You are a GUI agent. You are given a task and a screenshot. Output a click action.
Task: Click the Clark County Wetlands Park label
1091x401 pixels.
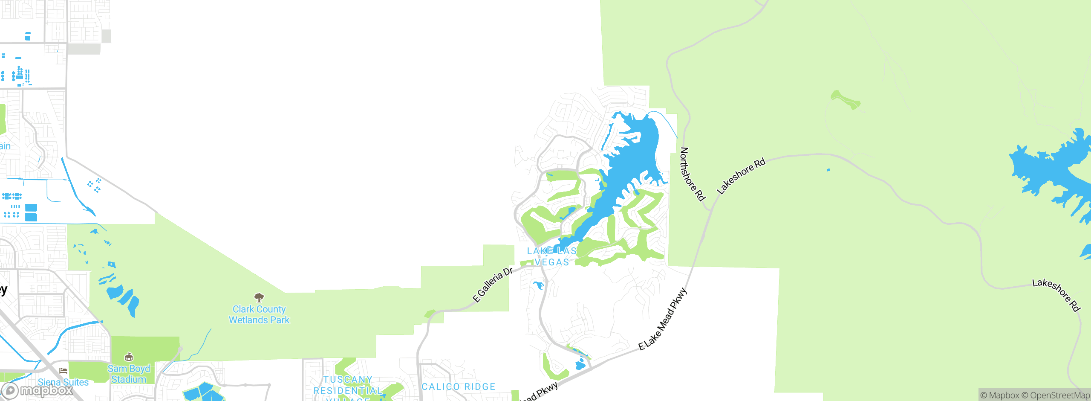point(259,314)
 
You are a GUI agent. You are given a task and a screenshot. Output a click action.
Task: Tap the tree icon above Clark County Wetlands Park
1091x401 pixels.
point(259,297)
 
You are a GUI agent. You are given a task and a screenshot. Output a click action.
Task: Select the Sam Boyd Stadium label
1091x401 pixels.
point(129,374)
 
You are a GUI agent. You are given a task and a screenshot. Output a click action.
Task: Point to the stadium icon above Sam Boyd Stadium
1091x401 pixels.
point(129,357)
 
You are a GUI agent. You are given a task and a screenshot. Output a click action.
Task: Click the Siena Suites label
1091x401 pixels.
point(63,382)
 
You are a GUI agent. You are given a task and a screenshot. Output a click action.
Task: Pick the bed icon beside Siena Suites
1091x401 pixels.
point(63,371)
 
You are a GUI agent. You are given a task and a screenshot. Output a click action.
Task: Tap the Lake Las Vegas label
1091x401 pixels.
point(551,256)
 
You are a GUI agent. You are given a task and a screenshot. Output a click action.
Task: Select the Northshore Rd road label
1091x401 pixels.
point(692,174)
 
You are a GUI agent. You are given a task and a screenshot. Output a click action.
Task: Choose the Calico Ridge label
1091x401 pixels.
point(459,386)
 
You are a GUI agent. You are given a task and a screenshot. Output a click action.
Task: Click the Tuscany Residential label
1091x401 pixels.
point(347,385)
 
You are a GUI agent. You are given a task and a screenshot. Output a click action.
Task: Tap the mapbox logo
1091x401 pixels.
point(38,390)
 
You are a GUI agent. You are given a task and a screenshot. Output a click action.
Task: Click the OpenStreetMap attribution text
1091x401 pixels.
point(1059,395)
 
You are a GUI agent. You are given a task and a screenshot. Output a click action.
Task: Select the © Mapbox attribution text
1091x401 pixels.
point(1000,395)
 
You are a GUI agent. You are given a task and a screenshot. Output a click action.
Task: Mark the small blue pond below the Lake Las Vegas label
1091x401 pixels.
point(539,285)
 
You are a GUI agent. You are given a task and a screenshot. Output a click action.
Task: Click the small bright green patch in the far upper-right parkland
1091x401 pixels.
point(846,100)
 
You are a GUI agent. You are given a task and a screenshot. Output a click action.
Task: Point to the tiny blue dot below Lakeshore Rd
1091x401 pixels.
point(828,170)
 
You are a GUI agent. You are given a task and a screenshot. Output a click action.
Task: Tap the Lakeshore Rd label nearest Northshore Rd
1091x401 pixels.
point(741,176)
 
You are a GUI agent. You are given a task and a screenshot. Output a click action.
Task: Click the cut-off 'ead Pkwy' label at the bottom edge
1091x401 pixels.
point(540,392)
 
